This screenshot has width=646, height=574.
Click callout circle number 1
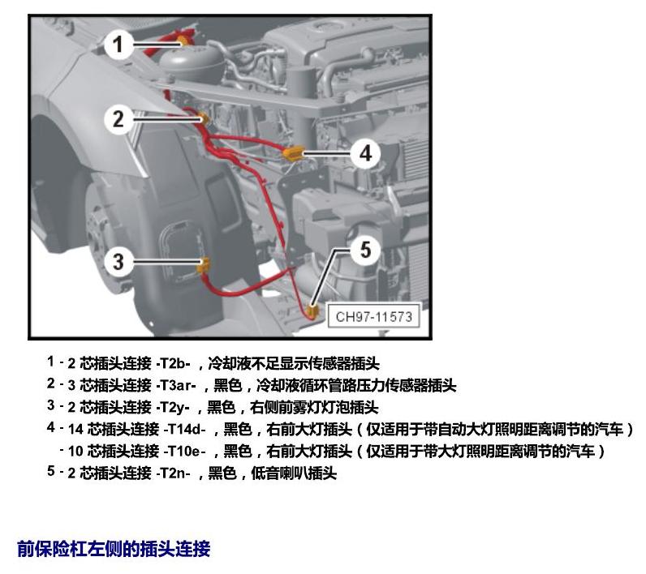(118, 45)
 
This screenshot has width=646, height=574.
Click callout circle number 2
(118, 119)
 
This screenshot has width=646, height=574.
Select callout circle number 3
(118, 261)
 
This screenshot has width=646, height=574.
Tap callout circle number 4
(365, 153)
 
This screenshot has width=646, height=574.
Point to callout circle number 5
(365, 250)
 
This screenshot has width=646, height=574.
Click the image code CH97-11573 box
(373, 316)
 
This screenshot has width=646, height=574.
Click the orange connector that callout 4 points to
(293, 153)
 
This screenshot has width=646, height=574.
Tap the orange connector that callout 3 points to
(204, 265)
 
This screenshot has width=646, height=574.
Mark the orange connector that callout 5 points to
(313, 312)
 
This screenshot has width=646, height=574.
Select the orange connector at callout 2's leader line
(204, 118)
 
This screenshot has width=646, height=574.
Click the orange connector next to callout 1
(183, 41)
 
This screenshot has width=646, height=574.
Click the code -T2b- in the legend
(173, 363)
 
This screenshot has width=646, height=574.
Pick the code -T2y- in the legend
(173, 407)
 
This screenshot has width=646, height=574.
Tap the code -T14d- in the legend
(185, 430)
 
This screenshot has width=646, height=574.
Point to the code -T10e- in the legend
(185, 452)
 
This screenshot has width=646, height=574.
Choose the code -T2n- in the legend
(173, 473)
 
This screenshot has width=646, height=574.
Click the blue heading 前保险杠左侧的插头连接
(114, 549)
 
